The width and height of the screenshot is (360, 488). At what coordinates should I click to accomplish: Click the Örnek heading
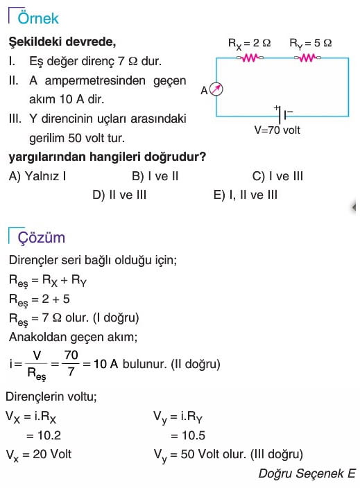(x=38, y=18)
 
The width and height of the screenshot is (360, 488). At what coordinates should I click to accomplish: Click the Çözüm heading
(x=42, y=238)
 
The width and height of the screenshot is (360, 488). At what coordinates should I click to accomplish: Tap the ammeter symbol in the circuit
(x=216, y=89)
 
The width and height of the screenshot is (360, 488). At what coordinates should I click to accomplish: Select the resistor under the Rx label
(x=250, y=58)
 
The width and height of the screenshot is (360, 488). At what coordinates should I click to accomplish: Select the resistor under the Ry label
(x=308, y=58)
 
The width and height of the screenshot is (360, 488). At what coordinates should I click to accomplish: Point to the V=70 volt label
(x=277, y=130)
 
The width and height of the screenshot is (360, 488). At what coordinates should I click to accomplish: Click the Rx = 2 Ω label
(x=250, y=43)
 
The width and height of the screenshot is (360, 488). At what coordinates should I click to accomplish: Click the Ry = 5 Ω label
(x=311, y=43)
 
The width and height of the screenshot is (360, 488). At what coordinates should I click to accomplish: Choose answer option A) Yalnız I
(x=37, y=176)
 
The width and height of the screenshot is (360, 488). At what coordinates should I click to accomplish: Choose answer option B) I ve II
(x=155, y=176)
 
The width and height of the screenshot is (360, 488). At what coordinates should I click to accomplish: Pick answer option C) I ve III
(x=277, y=176)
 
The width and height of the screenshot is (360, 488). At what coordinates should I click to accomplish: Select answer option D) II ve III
(x=119, y=195)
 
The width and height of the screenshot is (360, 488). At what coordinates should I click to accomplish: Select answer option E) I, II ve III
(x=246, y=195)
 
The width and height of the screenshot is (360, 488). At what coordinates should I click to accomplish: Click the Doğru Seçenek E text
(x=307, y=473)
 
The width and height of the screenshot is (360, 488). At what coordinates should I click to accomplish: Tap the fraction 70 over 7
(x=71, y=363)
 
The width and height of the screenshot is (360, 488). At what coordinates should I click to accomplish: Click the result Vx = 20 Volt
(x=39, y=455)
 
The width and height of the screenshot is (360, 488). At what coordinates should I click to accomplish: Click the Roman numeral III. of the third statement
(x=15, y=119)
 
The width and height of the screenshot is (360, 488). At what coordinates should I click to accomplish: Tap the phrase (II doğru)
(x=196, y=364)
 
